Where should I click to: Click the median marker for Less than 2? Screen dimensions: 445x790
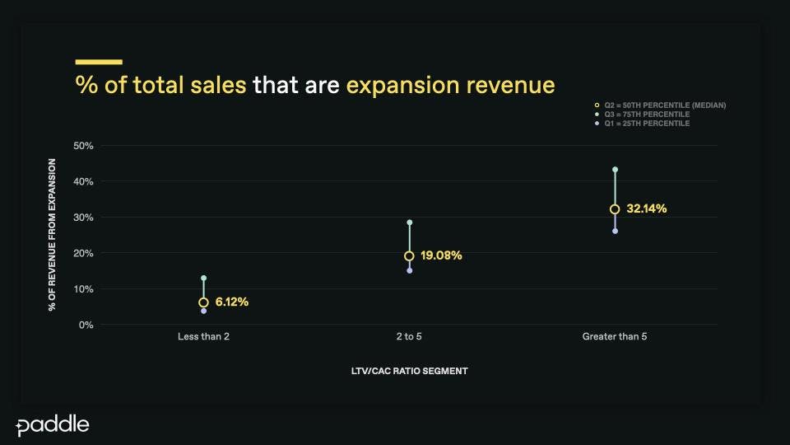(x=203, y=302)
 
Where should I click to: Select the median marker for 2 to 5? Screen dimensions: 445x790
(x=409, y=255)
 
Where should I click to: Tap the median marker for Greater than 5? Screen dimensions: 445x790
(x=615, y=209)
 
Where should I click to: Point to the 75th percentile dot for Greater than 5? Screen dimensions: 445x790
(x=615, y=170)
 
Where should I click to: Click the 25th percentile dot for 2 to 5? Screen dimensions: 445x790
(x=409, y=270)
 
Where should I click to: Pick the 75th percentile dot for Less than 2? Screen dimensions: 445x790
(x=203, y=279)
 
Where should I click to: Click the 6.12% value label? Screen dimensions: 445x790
(x=232, y=302)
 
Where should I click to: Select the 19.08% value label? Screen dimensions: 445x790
(x=441, y=255)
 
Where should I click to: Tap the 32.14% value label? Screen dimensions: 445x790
(x=647, y=209)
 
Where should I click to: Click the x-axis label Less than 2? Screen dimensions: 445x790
(x=203, y=337)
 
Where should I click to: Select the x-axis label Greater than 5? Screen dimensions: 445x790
(x=615, y=337)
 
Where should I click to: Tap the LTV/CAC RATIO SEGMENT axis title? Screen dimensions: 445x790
(x=409, y=371)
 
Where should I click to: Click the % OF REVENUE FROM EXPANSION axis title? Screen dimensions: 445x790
(x=52, y=235)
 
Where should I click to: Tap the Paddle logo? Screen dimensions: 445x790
(x=53, y=425)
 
